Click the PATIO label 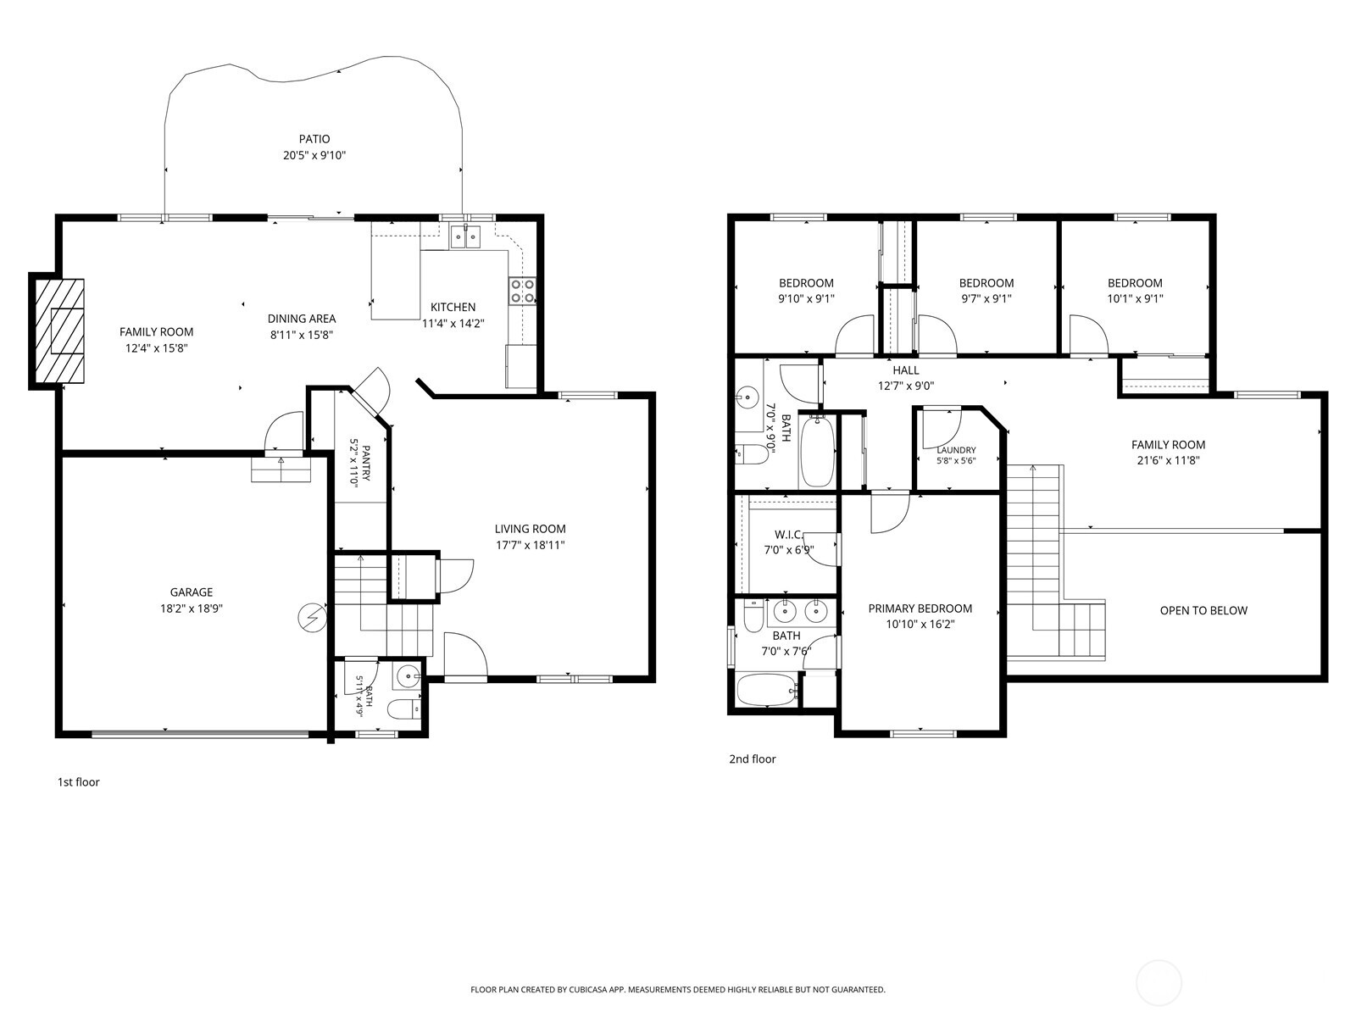coord(314,139)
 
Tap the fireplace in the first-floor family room coord(59,331)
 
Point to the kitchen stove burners coord(523,292)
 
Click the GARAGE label coord(192,592)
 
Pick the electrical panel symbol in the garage coord(313,618)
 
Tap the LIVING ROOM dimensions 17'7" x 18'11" coord(530,545)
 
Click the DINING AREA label coord(302,319)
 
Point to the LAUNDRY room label coord(956,450)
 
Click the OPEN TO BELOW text coord(1203,611)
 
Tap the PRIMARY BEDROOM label coord(920,609)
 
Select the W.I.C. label coord(789,534)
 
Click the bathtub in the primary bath coord(766,690)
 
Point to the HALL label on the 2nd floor coord(906,370)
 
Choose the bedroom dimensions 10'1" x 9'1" coord(1135,299)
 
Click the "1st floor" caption coord(79,781)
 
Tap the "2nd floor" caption coord(753,759)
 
